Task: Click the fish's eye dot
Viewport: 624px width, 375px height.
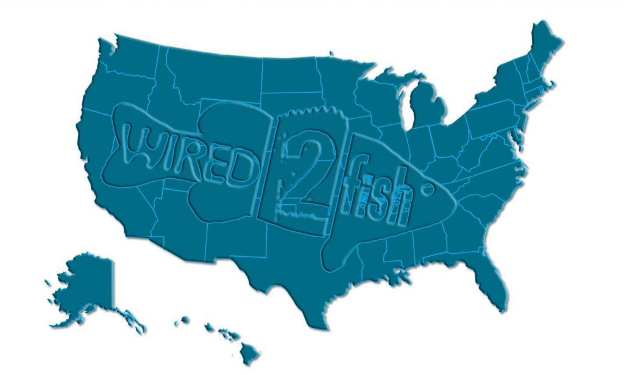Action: click(425, 187)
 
